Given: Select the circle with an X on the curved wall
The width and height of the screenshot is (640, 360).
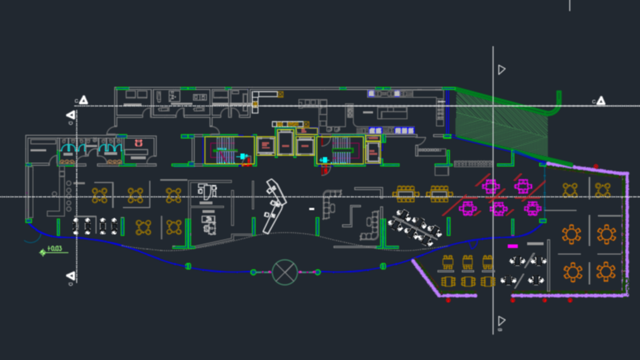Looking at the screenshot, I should (x=285, y=272).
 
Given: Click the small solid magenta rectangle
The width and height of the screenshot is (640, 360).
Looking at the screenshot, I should (x=512, y=246).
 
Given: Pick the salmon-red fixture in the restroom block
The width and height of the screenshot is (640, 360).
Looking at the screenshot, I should (x=139, y=143).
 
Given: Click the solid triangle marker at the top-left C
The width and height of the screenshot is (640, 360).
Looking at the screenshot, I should (x=83, y=100).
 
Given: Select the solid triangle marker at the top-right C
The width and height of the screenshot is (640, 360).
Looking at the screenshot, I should (x=601, y=101).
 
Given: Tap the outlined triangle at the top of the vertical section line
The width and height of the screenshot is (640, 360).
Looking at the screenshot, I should (x=501, y=69).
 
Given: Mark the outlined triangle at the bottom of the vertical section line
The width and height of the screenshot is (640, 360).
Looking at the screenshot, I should (x=501, y=321).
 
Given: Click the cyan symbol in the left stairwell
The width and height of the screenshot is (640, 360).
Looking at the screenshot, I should (x=243, y=156).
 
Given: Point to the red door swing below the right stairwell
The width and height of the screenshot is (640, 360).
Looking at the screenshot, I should (x=325, y=170).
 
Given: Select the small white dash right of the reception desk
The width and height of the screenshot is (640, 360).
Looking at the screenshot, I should (x=312, y=209).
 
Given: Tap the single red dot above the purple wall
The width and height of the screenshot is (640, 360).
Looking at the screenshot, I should (x=596, y=166).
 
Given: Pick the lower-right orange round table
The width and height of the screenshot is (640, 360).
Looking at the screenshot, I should (x=606, y=272).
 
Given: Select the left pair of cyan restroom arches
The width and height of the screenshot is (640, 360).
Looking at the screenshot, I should (x=73, y=148).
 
